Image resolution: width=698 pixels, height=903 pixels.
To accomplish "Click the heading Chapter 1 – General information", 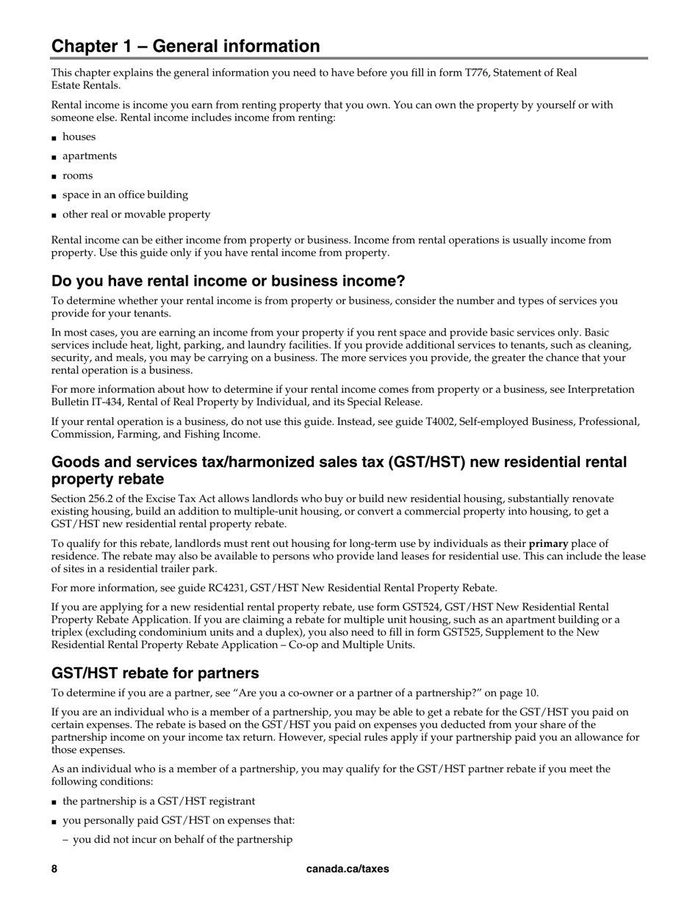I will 185,46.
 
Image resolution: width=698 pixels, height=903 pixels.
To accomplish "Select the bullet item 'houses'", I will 79,137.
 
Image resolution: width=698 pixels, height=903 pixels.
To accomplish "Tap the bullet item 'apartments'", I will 89,156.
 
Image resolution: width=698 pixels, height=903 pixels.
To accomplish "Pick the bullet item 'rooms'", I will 77,175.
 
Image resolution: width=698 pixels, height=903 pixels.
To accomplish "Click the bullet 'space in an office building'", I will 125,195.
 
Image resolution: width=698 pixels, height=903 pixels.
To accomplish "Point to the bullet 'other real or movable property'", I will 136,214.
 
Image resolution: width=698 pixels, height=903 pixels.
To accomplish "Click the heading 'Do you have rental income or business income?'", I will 228,281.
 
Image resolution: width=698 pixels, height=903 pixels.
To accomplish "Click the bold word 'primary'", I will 548,543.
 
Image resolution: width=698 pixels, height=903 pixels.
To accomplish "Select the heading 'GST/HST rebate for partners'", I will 155,673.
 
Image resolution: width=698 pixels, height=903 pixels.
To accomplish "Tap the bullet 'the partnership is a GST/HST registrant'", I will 159,801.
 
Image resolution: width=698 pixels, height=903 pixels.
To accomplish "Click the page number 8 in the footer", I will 54,868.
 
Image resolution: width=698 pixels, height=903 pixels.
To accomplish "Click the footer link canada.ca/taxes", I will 348,868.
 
